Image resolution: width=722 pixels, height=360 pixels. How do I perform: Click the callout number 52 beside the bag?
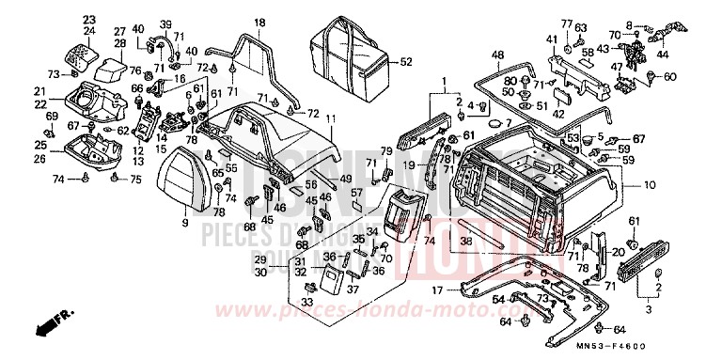coord(406,63)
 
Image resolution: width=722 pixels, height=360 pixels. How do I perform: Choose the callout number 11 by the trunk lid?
coord(331,118)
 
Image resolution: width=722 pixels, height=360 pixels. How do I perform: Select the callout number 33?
coord(306,302)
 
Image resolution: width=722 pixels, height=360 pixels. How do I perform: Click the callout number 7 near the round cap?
coord(508,124)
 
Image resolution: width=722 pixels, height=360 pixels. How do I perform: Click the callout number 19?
coord(410,165)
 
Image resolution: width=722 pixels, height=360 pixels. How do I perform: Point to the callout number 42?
coord(557,113)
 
